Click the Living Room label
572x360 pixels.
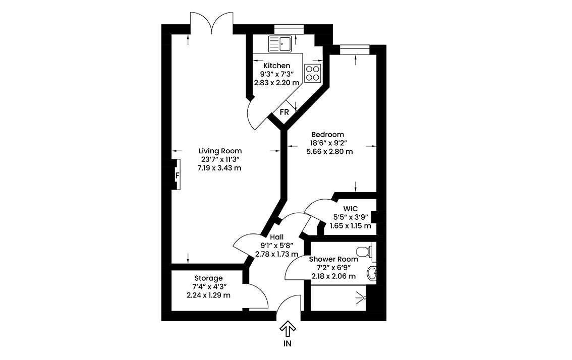click(220, 151)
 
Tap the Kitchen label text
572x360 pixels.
click(277, 66)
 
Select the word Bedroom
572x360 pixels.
click(327, 135)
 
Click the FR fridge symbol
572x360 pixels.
click(284, 112)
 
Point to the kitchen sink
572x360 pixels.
click(280, 43)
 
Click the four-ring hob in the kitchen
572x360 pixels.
click(313, 73)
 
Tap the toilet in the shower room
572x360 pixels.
click(365, 251)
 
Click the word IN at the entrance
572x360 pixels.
click(288, 343)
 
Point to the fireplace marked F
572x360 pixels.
click(177, 174)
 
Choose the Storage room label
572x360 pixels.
click(208, 278)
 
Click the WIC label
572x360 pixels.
click(350, 209)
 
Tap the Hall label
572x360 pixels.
click(277, 237)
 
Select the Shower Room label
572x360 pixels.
click(333, 259)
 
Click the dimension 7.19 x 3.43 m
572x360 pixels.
click(219, 168)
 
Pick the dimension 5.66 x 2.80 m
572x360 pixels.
click(329, 151)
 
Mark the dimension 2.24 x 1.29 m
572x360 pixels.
click(208, 295)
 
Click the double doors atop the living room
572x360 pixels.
click(211, 23)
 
